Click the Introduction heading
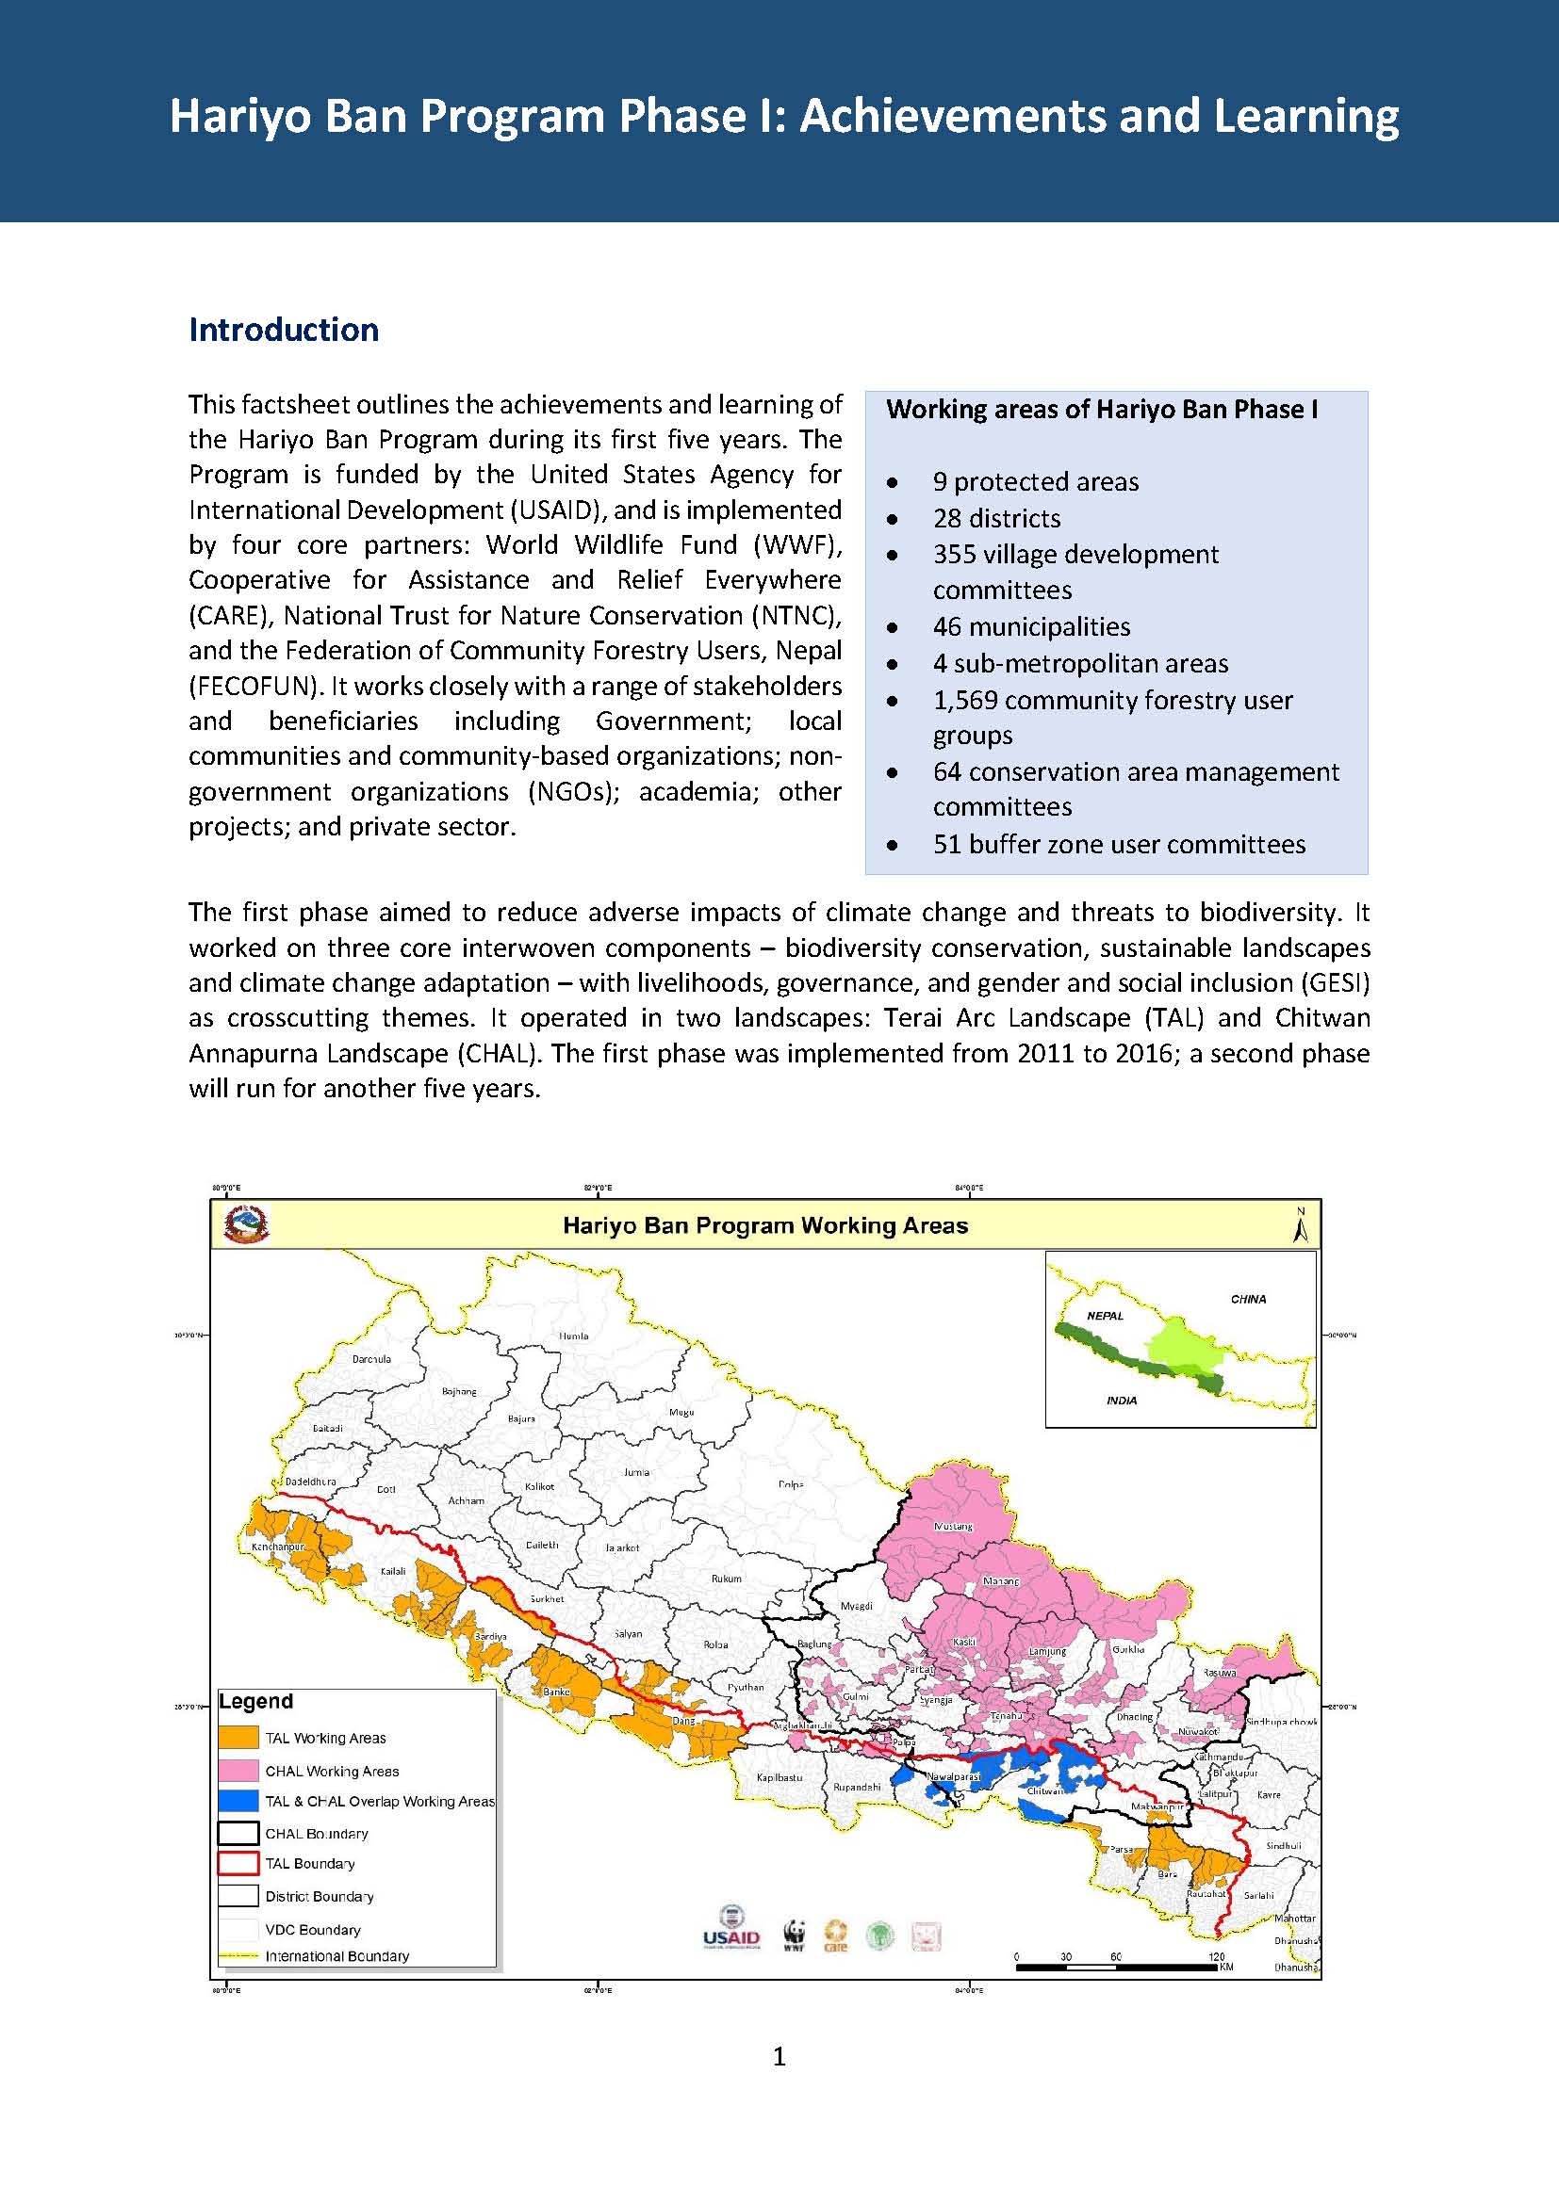(283, 329)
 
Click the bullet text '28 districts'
(996, 518)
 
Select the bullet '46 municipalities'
(1031, 626)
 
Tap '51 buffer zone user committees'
(1119, 843)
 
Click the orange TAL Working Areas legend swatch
(238, 1738)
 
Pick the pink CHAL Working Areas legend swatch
(238, 1770)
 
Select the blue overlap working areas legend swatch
(238, 1801)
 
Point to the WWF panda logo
(793, 1936)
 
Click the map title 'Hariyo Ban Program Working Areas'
(765, 1225)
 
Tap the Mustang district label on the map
(953, 1526)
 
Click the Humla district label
(573, 1336)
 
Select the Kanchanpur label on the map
(277, 1547)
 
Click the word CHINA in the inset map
(1248, 1299)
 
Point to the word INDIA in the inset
(1122, 1400)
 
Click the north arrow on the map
(1301, 1225)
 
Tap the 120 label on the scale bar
(1216, 1956)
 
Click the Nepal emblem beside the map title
(246, 1225)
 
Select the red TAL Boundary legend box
(238, 1863)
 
